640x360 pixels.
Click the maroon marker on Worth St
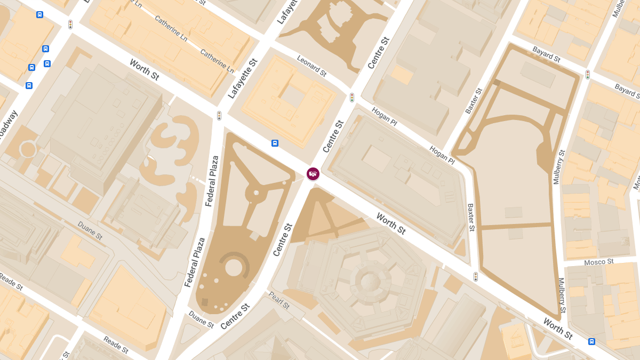[313, 173]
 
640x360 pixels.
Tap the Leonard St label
[311, 66]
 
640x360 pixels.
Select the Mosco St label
[599, 262]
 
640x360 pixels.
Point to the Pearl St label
[279, 300]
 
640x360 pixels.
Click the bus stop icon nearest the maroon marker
[275, 143]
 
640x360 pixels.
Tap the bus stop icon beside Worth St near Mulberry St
[591, 341]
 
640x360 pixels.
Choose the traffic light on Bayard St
[588, 75]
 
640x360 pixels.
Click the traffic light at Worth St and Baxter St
[476, 276]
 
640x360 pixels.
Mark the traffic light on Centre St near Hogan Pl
[352, 98]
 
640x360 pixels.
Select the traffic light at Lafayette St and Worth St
[219, 115]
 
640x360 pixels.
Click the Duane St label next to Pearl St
[201, 321]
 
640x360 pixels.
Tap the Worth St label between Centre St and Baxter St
[391, 223]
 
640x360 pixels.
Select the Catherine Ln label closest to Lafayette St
[217, 61]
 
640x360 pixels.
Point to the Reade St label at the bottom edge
[116, 344]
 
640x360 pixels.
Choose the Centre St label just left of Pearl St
[235, 316]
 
